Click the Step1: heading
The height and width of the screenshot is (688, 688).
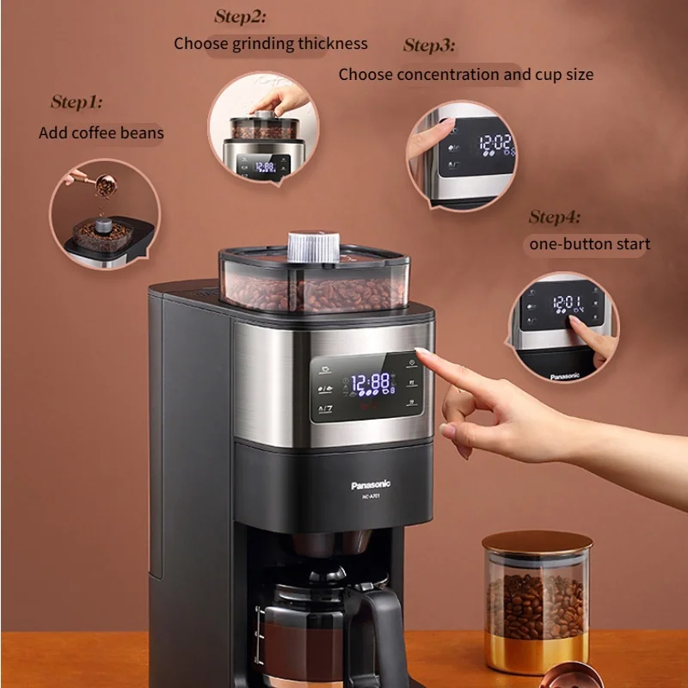(77, 103)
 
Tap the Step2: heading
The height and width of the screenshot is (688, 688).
(241, 16)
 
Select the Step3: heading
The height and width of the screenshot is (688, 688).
(429, 46)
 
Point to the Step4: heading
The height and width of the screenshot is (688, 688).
(555, 217)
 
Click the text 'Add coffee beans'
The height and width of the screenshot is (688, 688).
(101, 133)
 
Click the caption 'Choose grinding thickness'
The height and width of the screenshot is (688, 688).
(270, 43)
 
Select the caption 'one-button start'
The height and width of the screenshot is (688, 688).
(589, 244)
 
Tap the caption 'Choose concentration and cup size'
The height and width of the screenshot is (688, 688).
(465, 74)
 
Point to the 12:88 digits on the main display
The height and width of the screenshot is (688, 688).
(372, 383)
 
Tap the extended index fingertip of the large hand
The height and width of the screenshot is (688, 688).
(421, 353)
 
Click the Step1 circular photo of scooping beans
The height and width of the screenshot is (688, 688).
(104, 214)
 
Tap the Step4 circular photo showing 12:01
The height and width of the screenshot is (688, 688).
(563, 328)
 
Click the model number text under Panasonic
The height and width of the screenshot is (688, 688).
(371, 497)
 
